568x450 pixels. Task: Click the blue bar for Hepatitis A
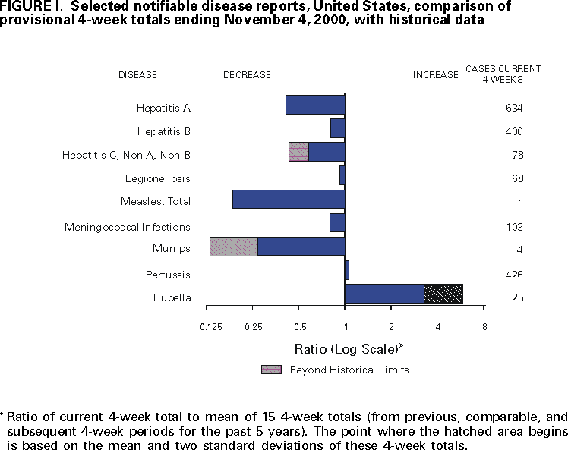pos(315,105)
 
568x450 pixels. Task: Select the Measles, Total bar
pos(289,200)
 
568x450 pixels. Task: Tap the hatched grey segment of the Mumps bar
pos(234,247)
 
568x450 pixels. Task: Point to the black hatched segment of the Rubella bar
pos(443,294)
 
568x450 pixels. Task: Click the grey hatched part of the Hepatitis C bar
pos(299,152)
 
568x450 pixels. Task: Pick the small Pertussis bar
pos(347,270)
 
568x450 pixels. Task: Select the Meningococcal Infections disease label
pos(128,227)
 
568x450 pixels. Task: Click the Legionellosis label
pos(158,179)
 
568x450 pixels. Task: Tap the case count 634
pos(514,108)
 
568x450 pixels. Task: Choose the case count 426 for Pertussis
pos(514,275)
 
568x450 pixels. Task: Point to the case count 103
pos(514,227)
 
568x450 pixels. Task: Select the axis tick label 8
pos(484,327)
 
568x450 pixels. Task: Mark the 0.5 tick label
pos(300,327)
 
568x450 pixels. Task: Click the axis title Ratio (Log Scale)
pos(348,349)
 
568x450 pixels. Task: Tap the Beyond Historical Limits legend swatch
pos(271,370)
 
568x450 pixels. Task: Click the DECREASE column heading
pos(247,75)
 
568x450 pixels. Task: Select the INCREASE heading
pos(435,75)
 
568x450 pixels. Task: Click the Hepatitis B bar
pos(338,128)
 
